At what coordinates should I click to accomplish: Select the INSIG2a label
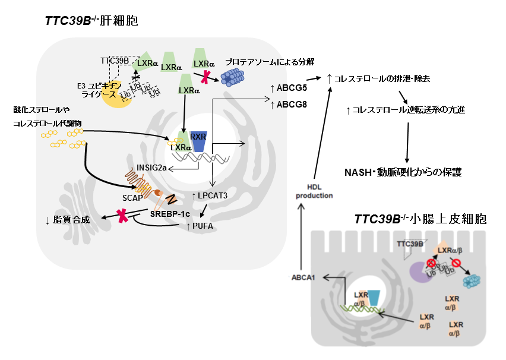click(153, 168)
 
